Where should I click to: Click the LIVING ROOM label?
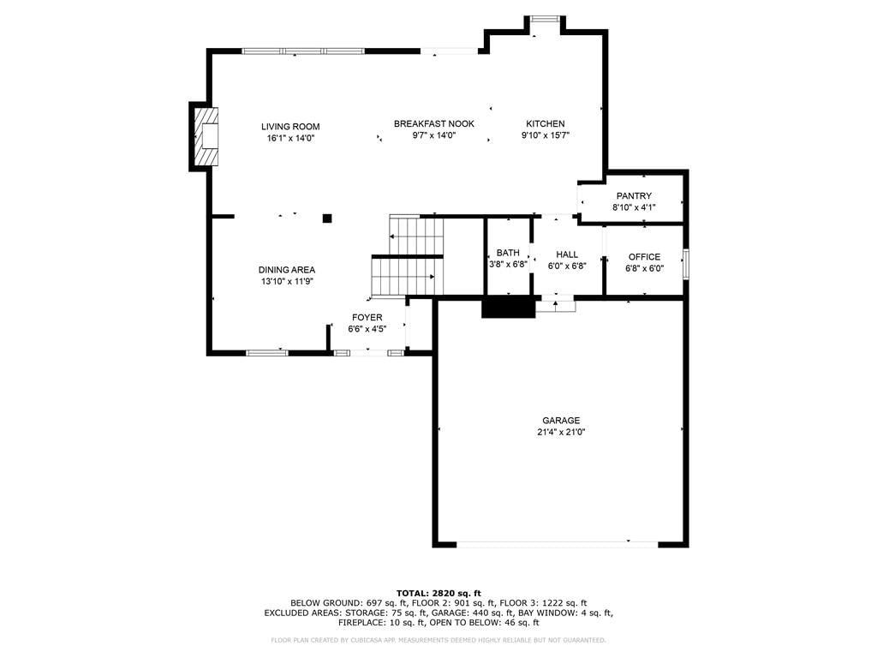tap(290, 127)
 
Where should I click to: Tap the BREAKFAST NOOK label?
tap(434, 123)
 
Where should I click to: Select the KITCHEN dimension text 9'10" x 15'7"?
tap(546, 135)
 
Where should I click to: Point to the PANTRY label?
tap(634, 196)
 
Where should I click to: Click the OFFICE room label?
tap(644, 257)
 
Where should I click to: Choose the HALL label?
tap(567, 254)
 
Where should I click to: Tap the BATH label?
tap(508, 253)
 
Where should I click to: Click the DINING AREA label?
tap(287, 270)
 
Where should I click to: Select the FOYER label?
tap(367, 317)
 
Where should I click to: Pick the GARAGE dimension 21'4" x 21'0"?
tap(561, 432)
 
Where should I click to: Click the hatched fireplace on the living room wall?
tap(206, 136)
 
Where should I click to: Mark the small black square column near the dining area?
tap(327, 218)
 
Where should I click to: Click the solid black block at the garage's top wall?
tap(509, 308)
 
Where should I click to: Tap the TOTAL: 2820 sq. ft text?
tap(438, 593)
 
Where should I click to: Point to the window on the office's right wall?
tap(686, 263)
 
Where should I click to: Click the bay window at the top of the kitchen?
tap(545, 19)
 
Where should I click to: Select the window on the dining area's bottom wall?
tap(267, 352)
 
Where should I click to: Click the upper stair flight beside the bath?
tap(416, 234)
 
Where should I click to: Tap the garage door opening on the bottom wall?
tap(558, 543)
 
